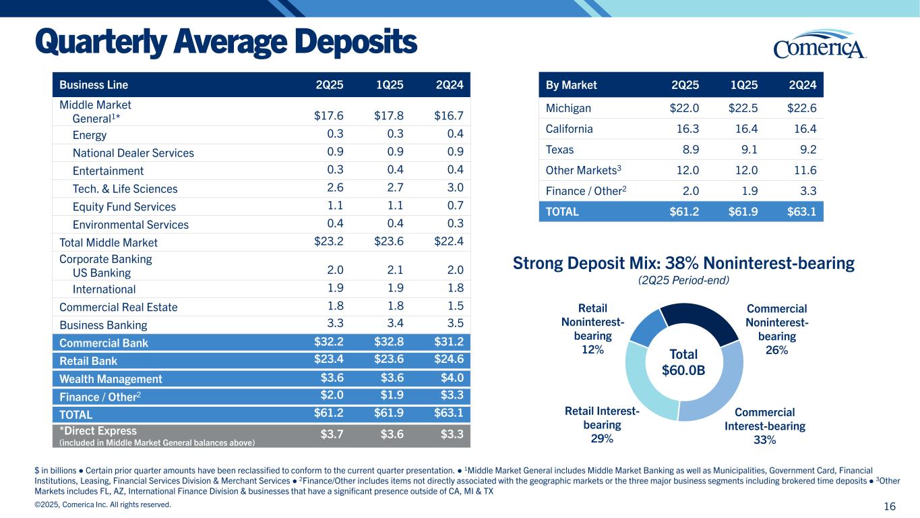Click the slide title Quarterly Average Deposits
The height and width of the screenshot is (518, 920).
(226, 42)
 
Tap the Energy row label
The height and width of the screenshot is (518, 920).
(89, 135)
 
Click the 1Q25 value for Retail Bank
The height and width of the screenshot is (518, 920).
(388, 360)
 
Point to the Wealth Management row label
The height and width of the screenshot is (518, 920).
(111, 379)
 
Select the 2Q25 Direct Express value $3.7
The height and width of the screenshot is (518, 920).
(330, 434)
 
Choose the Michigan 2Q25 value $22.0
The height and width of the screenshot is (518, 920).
(684, 109)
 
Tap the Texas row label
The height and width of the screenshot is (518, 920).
(559, 150)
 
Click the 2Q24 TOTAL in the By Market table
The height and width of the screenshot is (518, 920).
(801, 211)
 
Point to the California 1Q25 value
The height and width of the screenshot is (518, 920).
(745, 129)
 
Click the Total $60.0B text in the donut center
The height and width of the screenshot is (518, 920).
(684, 362)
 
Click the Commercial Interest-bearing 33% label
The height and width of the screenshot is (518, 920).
(764, 426)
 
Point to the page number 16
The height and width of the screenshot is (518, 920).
(898, 506)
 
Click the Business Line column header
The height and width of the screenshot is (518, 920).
(94, 85)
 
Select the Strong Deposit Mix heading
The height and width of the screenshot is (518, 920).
(684, 263)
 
